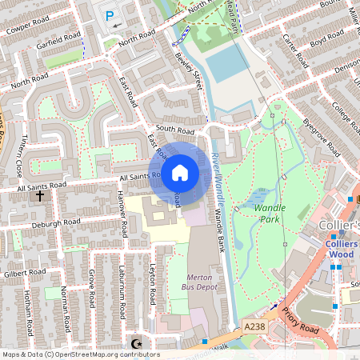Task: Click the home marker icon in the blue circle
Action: point(180,172)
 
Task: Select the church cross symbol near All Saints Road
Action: point(39,195)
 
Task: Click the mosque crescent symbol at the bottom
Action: point(136,344)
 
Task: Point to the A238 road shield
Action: point(254,326)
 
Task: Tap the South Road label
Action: point(175,128)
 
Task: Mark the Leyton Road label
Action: point(152,283)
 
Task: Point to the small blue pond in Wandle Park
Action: point(258,197)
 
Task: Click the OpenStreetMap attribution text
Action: point(80,354)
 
